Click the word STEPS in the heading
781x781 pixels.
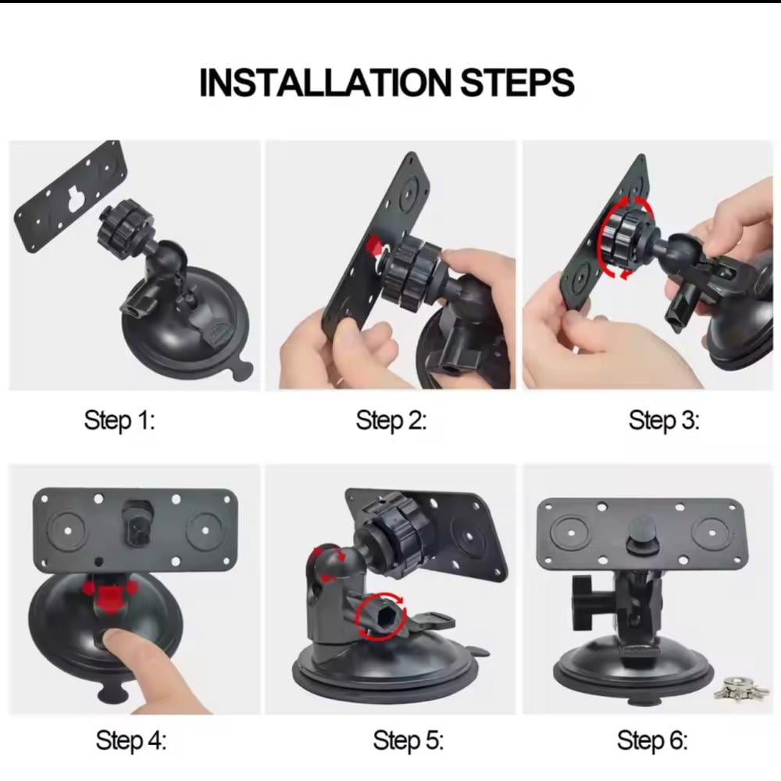pos(517,82)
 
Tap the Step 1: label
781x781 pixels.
pos(119,420)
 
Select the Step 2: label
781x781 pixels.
pos(391,420)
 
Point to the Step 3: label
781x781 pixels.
pos(664,420)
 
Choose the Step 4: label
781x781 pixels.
pos(131,740)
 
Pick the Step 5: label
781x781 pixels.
pos(408,740)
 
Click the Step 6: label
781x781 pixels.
pos(652,740)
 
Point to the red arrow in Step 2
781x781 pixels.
pos(374,245)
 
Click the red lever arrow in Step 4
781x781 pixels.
pos(110,594)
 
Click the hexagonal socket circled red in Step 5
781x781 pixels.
pos(382,615)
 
